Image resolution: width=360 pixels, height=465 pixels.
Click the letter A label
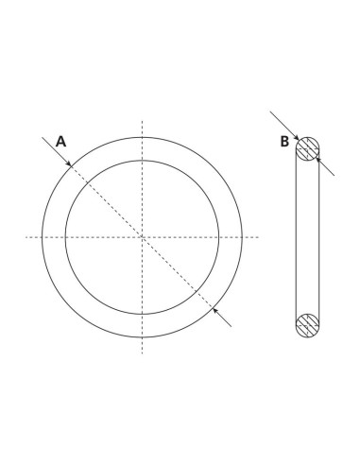[61, 142]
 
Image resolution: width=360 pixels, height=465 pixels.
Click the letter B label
[283, 142]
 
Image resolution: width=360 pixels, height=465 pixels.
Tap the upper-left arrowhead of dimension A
[69, 164]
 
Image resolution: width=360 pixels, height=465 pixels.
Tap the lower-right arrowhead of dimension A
[215, 309]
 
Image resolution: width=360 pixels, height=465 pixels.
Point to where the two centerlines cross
[142, 236]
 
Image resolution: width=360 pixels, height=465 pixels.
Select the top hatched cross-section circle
[308, 149]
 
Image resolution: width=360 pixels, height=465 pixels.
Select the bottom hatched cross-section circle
[308, 324]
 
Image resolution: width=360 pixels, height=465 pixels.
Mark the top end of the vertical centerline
[142, 121]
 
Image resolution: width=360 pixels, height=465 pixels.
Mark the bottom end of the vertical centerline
[142, 353]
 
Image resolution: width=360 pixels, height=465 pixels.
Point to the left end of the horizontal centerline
[26, 236]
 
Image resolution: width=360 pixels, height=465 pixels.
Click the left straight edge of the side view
[296, 236]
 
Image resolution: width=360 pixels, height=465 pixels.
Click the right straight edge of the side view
[320, 236]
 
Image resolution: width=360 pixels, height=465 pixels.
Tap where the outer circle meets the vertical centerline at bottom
[142, 337]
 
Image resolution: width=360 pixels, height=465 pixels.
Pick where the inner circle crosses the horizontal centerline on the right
[219, 236]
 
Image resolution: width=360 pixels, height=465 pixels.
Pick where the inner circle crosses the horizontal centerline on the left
[65, 236]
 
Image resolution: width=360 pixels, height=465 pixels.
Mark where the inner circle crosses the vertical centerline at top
[142, 160]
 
